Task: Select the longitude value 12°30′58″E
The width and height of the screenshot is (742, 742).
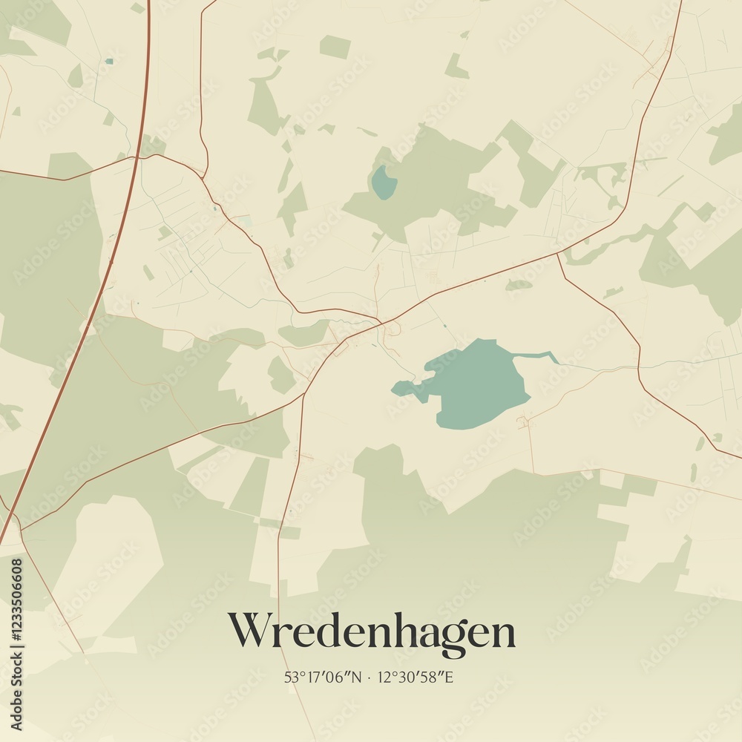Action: click(x=416, y=677)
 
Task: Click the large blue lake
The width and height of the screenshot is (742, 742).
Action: click(x=475, y=382)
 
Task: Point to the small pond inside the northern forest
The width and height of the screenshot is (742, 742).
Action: click(x=383, y=182)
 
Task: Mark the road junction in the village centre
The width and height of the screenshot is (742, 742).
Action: click(x=381, y=324)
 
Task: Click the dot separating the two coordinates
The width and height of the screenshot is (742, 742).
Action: click(x=370, y=677)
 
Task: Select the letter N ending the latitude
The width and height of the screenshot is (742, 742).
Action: click(x=357, y=677)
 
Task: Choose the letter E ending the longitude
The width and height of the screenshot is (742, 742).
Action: click(x=449, y=677)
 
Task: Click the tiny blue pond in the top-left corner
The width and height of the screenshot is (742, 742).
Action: click(x=109, y=62)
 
